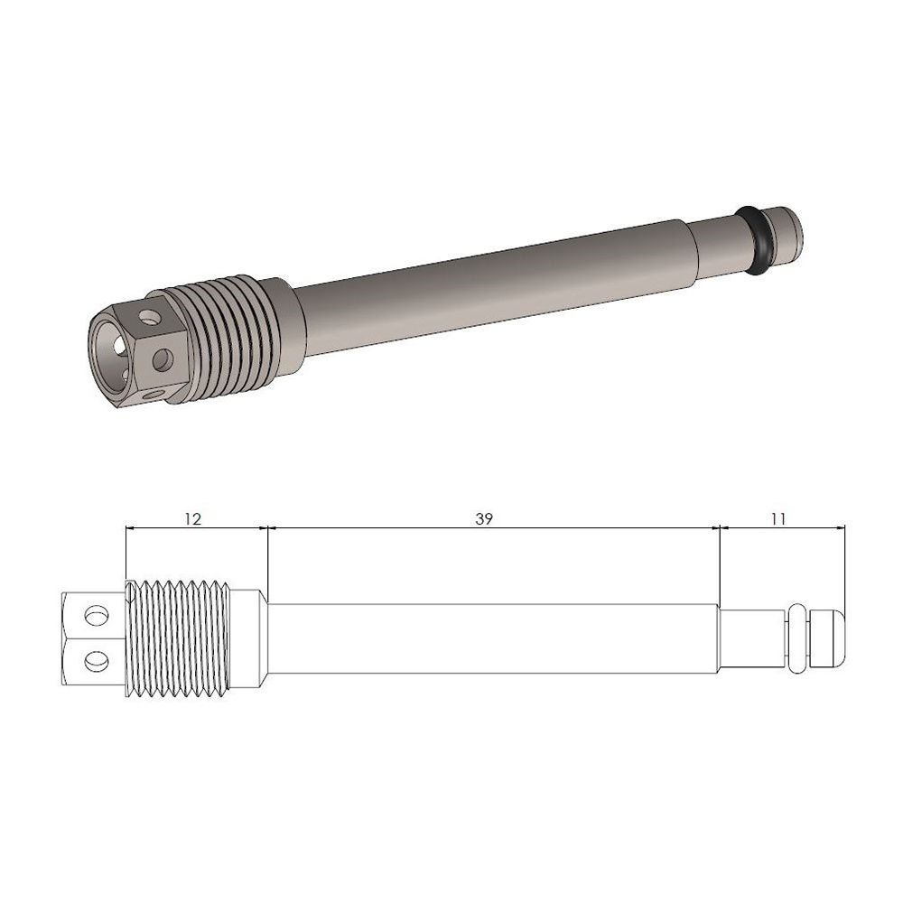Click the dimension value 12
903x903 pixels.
pyautogui.click(x=191, y=518)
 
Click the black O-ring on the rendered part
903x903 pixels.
pyautogui.click(x=756, y=238)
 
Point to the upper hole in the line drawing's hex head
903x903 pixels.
pyautogui.click(x=92, y=616)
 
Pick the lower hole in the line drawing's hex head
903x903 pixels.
pyautogui.click(x=92, y=663)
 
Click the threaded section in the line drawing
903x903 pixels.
pyautogui.click(x=181, y=639)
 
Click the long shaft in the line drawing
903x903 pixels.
pyautogui.click(x=492, y=639)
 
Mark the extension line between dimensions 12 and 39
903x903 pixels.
pyautogui.click(x=268, y=560)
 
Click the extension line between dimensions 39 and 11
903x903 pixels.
pyautogui.click(x=719, y=564)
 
